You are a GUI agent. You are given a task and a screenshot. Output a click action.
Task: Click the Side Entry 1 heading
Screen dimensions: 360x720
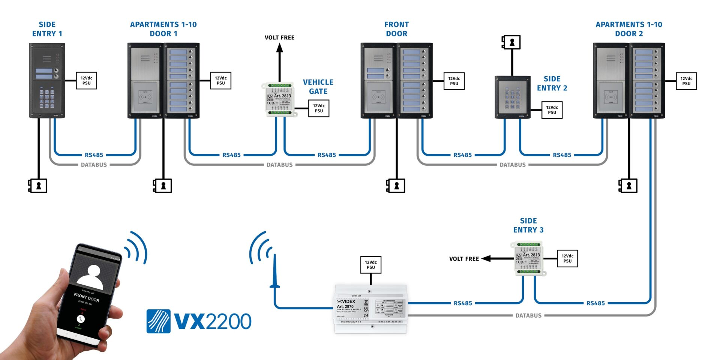click(x=47, y=29)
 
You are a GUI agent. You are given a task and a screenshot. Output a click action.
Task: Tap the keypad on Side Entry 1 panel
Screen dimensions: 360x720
click(x=47, y=99)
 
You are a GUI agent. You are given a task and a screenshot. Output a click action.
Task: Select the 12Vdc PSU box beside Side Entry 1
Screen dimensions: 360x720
click(x=86, y=81)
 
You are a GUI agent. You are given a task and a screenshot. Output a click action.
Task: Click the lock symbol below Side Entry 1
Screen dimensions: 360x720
click(x=38, y=186)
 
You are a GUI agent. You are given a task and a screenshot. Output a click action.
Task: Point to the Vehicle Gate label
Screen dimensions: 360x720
click(x=318, y=87)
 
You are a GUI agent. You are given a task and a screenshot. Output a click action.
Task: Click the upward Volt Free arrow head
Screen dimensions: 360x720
click(x=279, y=48)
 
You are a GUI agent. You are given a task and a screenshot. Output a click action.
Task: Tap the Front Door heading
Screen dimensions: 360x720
click(x=396, y=29)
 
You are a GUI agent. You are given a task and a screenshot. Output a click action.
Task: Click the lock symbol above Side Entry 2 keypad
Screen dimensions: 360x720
click(x=511, y=42)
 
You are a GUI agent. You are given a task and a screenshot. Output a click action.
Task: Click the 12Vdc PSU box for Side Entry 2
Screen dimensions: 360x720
click(x=552, y=110)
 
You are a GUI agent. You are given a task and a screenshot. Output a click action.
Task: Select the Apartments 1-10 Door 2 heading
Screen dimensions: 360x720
click(x=629, y=29)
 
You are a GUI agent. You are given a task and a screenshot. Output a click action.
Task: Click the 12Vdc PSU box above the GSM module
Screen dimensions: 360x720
click(x=370, y=265)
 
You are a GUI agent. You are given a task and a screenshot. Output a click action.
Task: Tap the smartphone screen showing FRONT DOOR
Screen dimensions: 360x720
click(x=89, y=296)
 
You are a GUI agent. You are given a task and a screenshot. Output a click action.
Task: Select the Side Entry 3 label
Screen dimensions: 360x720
click(x=528, y=225)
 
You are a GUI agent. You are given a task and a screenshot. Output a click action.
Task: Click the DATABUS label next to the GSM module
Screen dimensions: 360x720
click(x=528, y=315)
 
